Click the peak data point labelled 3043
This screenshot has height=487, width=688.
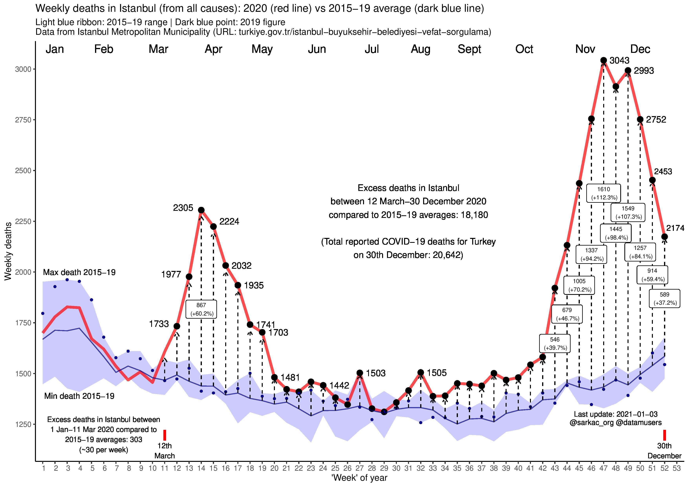[604, 61]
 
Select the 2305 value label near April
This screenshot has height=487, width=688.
[183, 208]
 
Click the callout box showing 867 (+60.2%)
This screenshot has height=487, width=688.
[201, 309]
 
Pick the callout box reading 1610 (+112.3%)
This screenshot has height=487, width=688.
[604, 193]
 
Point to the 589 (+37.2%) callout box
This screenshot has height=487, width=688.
[664, 298]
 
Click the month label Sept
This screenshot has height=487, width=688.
[469, 49]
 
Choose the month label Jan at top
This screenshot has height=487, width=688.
[55, 49]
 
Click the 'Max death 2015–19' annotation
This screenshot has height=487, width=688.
[79, 272]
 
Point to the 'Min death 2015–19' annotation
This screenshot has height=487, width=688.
[79, 396]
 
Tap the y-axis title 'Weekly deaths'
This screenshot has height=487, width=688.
[8, 251]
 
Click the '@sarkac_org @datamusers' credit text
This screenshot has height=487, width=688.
[616, 423]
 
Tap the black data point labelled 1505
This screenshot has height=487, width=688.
[421, 372]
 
